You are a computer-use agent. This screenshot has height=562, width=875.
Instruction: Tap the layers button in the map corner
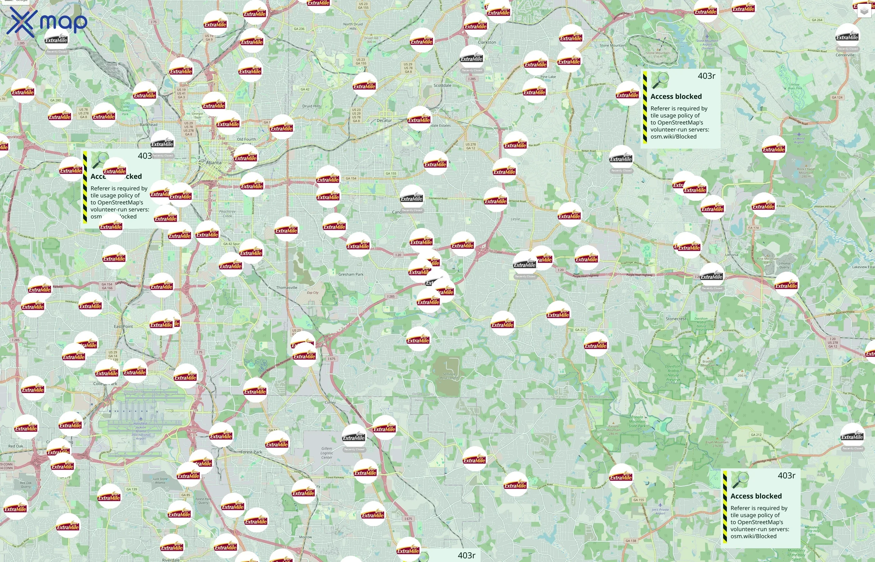click(x=864, y=11)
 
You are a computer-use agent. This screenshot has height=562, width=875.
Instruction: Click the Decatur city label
click(x=384, y=121)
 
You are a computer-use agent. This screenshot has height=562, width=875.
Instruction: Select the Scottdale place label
click(x=442, y=86)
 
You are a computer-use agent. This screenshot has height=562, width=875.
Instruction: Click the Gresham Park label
click(x=351, y=274)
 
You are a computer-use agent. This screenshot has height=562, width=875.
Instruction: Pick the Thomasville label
click(x=286, y=288)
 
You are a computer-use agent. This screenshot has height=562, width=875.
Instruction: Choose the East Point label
click(x=123, y=326)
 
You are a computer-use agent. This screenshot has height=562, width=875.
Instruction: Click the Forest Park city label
click(x=251, y=452)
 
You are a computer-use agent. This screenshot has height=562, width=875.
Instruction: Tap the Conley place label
click(x=330, y=402)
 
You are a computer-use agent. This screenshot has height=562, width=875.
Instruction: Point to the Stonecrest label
click(x=676, y=318)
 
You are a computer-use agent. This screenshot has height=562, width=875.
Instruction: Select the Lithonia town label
click(x=732, y=255)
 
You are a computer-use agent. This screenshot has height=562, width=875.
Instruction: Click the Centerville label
click(x=845, y=55)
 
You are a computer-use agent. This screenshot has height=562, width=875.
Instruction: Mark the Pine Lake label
click(x=548, y=76)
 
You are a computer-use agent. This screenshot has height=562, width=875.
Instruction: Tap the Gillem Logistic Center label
click(x=327, y=453)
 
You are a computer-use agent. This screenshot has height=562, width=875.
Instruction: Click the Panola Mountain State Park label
click(x=637, y=421)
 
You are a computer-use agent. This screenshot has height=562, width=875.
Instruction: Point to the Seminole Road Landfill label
click(x=449, y=376)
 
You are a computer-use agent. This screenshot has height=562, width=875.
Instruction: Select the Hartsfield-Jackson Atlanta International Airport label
click(x=141, y=431)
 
